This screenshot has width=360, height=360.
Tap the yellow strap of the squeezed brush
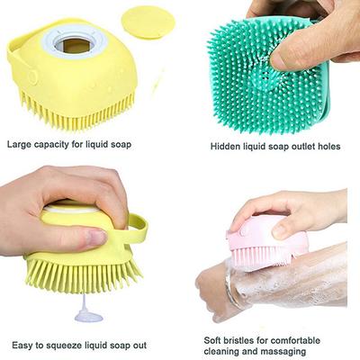135,231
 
